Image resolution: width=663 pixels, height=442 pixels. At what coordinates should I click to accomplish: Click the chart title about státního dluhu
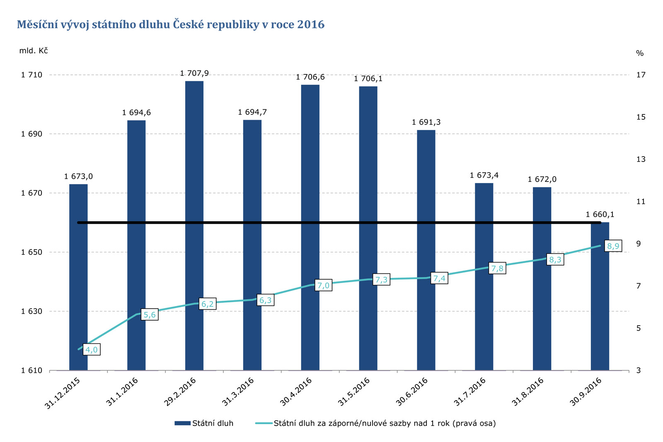170,25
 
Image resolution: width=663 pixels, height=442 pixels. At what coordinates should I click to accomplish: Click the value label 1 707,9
194,73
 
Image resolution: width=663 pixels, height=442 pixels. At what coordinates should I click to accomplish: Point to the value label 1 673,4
484,175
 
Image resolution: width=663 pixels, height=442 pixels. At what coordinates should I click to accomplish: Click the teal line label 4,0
92,350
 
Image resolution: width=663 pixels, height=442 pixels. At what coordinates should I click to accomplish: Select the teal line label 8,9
613,246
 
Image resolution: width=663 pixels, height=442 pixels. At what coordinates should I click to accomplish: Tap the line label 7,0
323,285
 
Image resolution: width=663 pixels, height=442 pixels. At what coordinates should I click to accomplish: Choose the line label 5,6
150,315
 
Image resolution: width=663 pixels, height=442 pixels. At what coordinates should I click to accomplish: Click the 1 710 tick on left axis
31,75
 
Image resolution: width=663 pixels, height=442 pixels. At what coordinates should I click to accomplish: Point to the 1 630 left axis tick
31,311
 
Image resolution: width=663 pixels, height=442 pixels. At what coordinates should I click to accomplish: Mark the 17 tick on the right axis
641,75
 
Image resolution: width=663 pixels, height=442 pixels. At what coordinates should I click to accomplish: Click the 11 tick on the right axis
641,202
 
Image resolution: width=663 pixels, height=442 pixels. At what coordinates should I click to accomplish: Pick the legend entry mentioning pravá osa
385,423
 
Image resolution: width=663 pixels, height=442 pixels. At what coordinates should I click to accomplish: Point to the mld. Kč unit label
33,51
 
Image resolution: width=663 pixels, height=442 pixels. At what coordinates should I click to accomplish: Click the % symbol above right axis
640,53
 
